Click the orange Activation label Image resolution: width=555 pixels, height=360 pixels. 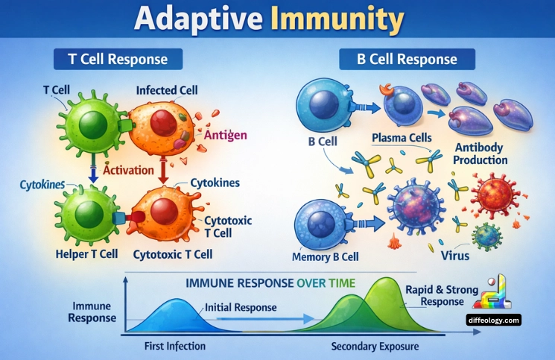[128, 170]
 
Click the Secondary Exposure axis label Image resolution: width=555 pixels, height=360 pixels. [375, 347]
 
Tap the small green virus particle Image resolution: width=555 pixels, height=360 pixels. [489, 236]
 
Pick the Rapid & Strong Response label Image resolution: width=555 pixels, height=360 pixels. [437, 295]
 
